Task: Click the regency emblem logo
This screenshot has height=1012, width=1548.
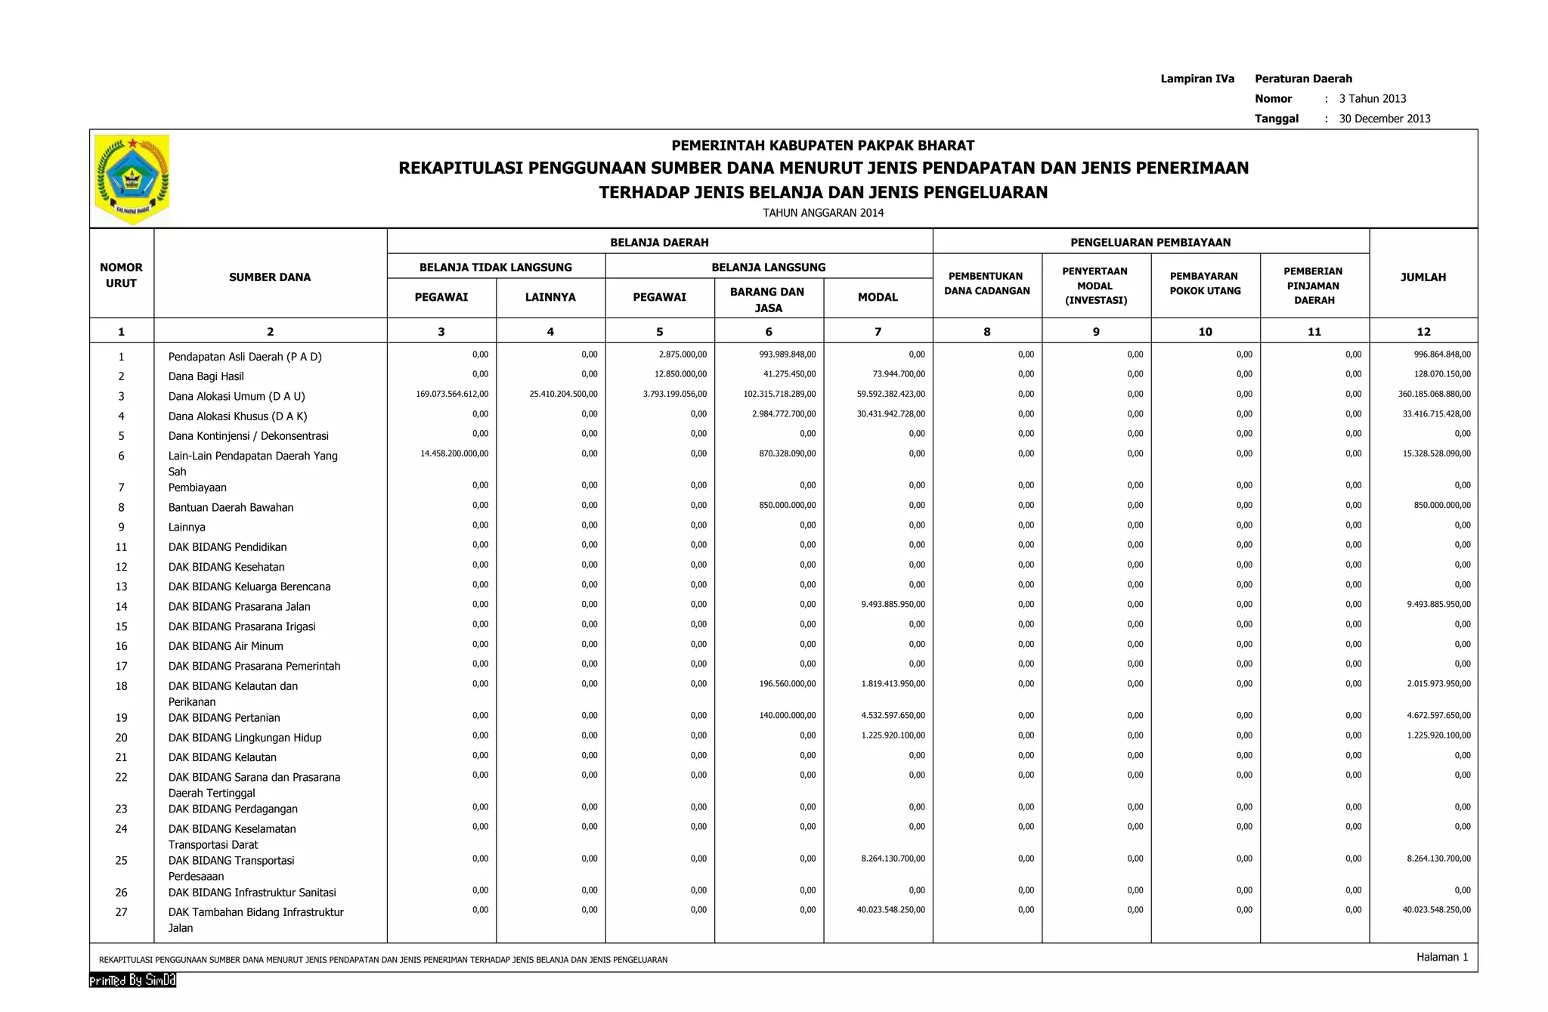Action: click(x=132, y=179)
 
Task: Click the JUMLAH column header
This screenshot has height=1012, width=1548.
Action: click(x=1423, y=277)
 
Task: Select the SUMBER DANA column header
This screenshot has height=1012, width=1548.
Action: click(x=270, y=277)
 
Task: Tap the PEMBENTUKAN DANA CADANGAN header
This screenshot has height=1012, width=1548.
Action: click(x=986, y=283)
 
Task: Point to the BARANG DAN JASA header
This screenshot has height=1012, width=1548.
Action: click(x=767, y=299)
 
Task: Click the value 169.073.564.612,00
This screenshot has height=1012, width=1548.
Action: click(x=452, y=394)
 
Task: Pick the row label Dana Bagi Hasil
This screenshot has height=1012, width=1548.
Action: click(x=206, y=376)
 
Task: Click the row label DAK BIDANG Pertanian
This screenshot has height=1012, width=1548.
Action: click(x=224, y=718)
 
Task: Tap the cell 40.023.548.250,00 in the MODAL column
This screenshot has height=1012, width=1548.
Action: click(x=890, y=910)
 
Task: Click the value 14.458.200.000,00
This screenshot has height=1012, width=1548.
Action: click(x=454, y=453)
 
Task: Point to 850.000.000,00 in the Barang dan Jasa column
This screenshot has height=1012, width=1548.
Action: click(x=787, y=505)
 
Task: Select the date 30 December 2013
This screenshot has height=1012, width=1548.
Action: click(x=1384, y=119)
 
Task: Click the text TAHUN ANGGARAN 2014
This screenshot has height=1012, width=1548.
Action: click(x=822, y=213)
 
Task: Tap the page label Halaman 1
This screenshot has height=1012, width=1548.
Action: click(x=1441, y=957)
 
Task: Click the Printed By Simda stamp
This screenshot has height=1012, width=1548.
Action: click(x=132, y=980)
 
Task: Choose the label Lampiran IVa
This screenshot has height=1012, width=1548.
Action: click(x=1197, y=79)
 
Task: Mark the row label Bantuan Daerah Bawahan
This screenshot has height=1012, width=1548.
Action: click(x=231, y=508)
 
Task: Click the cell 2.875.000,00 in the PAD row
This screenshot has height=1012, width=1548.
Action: click(x=682, y=354)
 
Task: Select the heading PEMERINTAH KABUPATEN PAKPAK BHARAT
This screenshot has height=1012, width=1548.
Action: click(x=822, y=145)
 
